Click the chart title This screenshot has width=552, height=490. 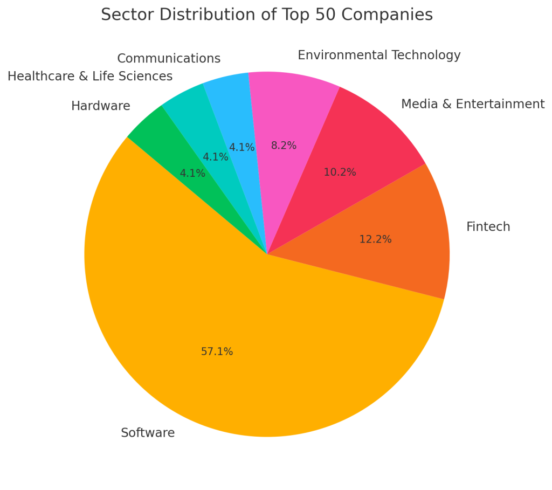pos(267,15)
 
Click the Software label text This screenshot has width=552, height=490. pos(148,433)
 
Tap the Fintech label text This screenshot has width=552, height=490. pos(488,227)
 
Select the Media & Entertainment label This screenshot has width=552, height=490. pos(473,104)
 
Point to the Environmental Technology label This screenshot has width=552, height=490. pos(379,56)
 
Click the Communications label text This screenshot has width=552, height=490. pos(169,58)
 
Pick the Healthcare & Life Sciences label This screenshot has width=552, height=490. pos(90,77)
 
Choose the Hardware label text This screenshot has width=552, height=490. pos(101,106)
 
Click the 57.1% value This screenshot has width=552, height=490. pos(217,352)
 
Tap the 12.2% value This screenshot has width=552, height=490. pos(375,239)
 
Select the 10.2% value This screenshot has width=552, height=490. pos(340,172)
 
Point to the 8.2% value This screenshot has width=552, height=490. pos(284,146)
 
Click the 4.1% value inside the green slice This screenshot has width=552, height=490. pos(192,174)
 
